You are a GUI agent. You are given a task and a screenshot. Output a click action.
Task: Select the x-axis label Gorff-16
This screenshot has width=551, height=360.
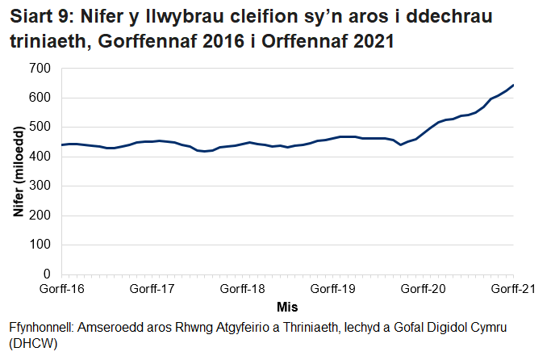pos(62,287)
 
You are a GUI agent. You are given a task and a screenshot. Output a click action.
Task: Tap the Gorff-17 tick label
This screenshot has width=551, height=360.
pos(152,287)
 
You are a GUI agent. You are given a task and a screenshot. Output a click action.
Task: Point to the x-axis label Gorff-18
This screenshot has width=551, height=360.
pos(243,287)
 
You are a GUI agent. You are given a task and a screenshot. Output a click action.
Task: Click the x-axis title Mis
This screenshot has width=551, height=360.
pos(288,308)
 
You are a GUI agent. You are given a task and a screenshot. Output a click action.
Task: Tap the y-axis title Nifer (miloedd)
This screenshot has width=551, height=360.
pos(18,172)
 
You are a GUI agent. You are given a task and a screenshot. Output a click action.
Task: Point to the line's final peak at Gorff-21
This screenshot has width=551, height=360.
pos(513,85)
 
